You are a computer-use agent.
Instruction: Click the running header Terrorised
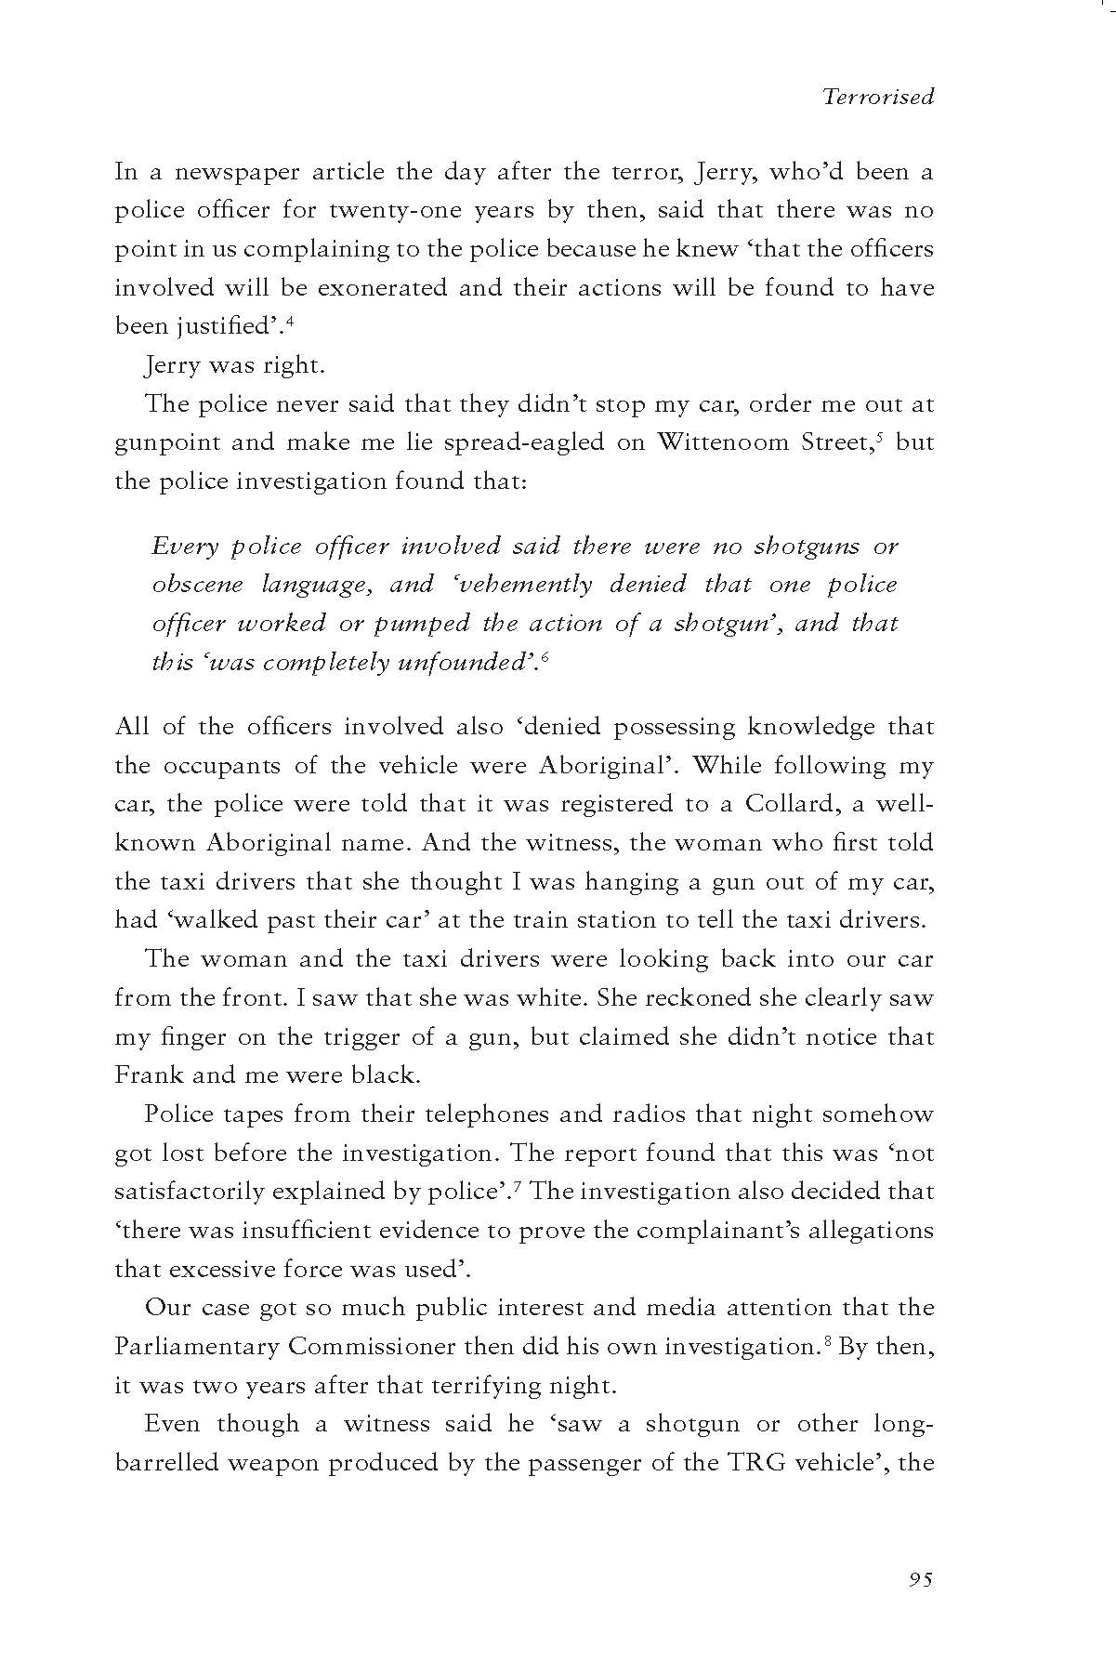(878, 97)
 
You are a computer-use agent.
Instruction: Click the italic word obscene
(197, 585)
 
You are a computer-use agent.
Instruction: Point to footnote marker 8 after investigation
(826, 1341)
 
